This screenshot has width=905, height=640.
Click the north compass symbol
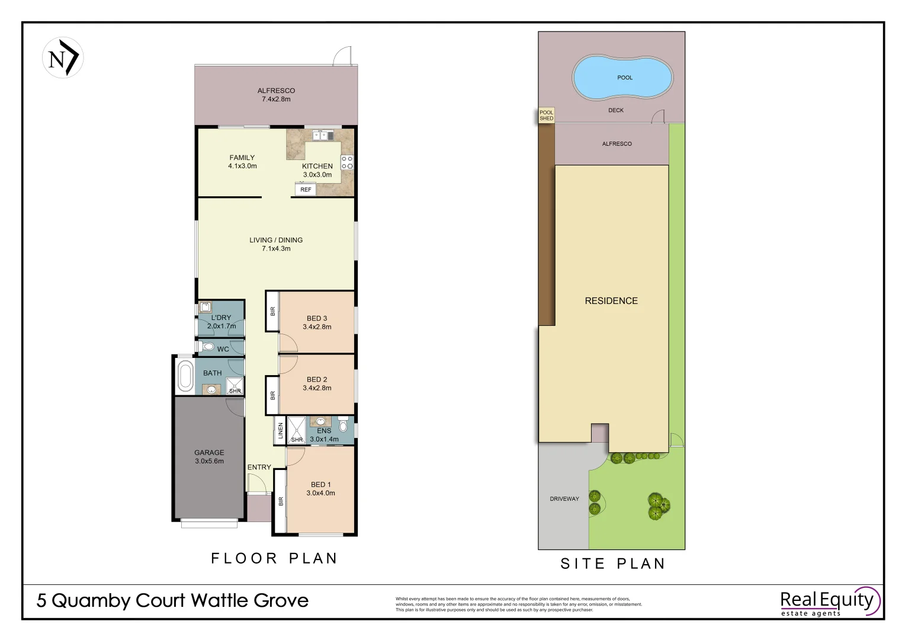pos(63,58)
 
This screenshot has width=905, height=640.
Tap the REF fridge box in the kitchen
pos(306,190)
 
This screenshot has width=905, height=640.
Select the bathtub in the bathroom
pos(185,376)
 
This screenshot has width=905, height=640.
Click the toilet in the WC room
pos(207,347)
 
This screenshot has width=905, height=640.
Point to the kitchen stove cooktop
pos(347,162)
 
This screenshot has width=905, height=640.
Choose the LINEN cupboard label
pos(281,431)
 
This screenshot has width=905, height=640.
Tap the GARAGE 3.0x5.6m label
pos(209,457)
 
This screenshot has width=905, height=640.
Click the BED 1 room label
pos(320,489)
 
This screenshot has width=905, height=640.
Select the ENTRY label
pos(259,468)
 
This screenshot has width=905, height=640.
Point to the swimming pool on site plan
pos(622,78)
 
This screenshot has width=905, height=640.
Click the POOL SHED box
pos(546,116)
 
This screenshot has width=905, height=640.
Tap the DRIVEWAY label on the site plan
pos(564,499)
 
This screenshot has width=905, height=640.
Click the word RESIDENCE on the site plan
pos(611,301)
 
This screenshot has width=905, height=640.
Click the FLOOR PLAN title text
pos(274,558)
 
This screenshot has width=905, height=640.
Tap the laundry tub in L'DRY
pos(206,307)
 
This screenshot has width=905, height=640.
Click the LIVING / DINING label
pos(276,244)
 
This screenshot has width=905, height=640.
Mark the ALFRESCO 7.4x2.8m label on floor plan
pos(276,95)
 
